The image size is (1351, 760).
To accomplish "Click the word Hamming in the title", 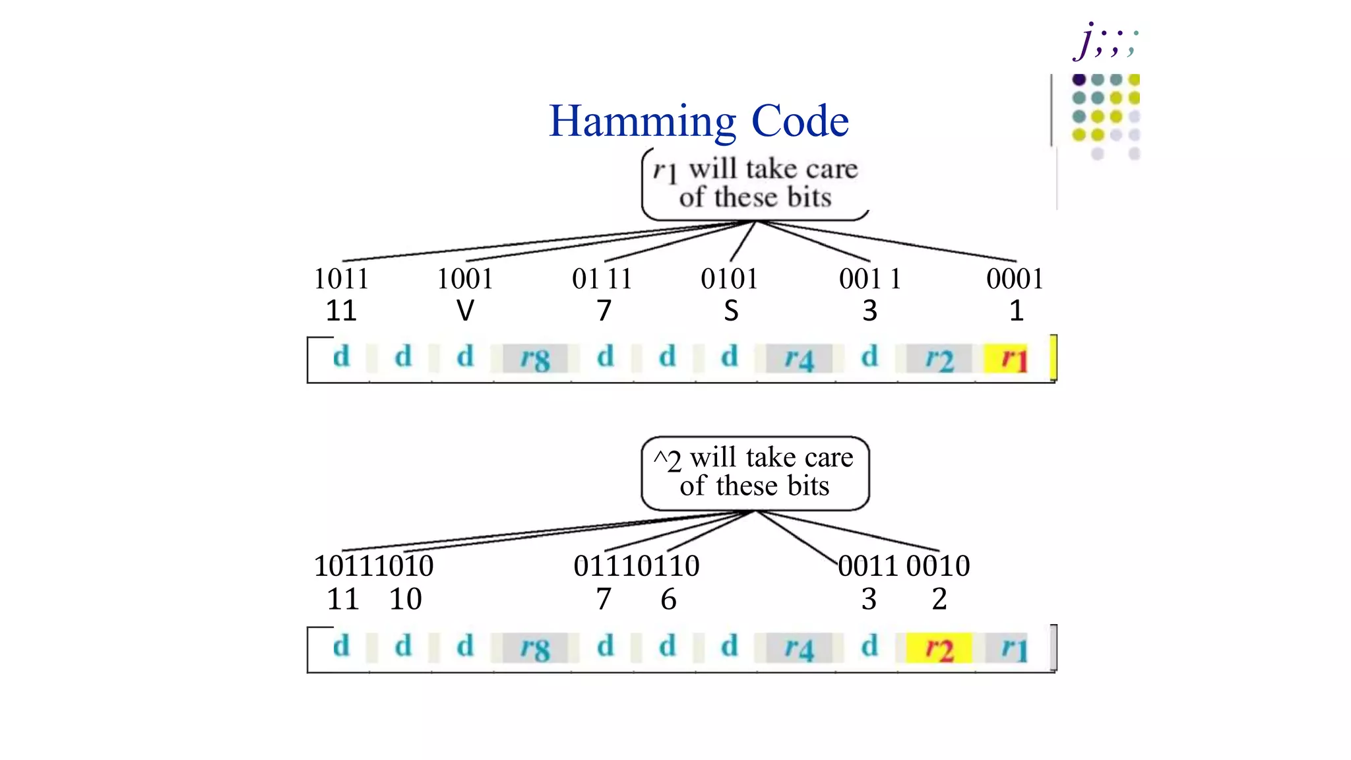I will pyautogui.click(x=642, y=121).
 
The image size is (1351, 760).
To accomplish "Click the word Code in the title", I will pyautogui.click(x=800, y=121).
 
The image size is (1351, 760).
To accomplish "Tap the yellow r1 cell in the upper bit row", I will pyautogui.click(x=1014, y=359).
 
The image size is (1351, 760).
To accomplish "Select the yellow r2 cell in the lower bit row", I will pyautogui.click(x=938, y=649).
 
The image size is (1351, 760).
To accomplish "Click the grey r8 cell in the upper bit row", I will pyautogui.click(x=534, y=359).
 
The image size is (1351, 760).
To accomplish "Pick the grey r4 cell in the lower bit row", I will pyautogui.click(x=798, y=649).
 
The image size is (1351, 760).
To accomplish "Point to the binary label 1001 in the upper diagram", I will pyautogui.click(x=465, y=279).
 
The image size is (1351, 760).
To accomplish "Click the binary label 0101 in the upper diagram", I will pyautogui.click(x=729, y=279).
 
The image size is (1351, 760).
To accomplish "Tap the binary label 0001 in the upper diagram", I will pyautogui.click(x=1015, y=279).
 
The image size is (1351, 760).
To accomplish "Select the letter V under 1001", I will pyautogui.click(x=465, y=311).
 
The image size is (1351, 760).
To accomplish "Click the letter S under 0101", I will pyautogui.click(x=731, y=311).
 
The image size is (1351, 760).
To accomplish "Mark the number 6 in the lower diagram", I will pyautogui.click(x=668, y=599).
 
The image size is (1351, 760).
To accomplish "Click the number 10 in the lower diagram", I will pyautogui.click(x=405, y=599).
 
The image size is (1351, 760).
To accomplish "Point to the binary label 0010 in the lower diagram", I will pyautogui.click(x=937, y=566).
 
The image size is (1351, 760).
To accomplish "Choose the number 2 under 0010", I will pyautogui.click(x=939, y=599).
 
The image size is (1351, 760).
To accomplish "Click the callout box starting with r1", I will pyautogui.click(x=755, y=183).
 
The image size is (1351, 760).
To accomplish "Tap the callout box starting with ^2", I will pyautogui.click(x=755, y=472).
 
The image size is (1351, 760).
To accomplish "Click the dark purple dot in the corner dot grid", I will pyautogui.click(x=1079, y=80).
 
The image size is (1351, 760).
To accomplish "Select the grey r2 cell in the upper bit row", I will pyautogui.click(x=939, y=359).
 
